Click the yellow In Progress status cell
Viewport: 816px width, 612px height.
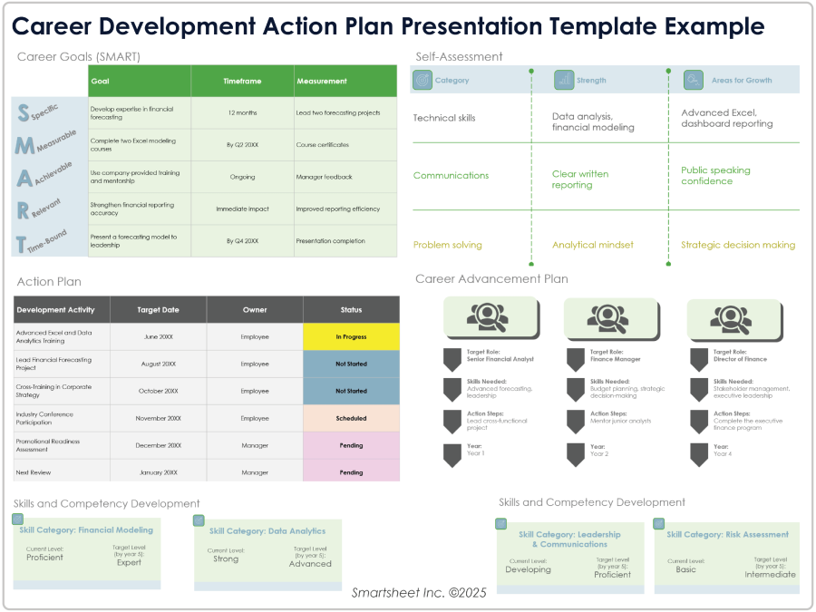(351, 336)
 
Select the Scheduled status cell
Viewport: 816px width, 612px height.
(351, 418)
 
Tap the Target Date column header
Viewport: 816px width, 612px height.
(158, 309)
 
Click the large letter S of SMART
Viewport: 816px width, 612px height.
(24, 112)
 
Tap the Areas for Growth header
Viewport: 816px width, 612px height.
(741, 80)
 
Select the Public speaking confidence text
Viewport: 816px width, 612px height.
(715, 175)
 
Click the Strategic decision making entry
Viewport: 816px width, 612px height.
(738, 245)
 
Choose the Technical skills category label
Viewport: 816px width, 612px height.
(443, 118)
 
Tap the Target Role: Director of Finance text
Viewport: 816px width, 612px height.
(740, 355)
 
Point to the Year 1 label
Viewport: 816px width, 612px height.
(475, 450)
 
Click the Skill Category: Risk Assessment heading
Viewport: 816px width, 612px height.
(727, 534)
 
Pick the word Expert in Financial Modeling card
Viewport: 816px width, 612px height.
(129, 562)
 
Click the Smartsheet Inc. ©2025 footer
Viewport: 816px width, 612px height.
(419, 592)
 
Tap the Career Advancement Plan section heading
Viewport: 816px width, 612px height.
(491, 278)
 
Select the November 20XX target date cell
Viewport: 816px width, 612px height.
(158, 418)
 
